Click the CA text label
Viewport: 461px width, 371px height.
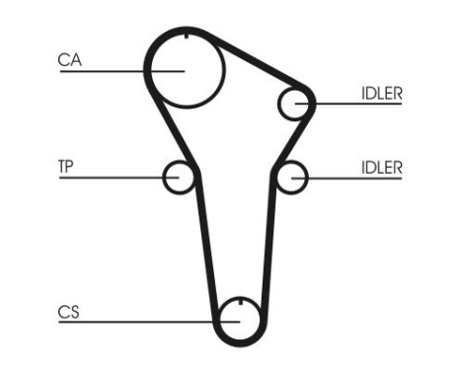point(69,59)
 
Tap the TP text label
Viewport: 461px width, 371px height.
point(66,166)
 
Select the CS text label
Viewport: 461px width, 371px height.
point(68,313)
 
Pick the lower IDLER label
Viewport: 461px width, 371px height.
point(381,166)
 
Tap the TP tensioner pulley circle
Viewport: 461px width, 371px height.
point(179,178)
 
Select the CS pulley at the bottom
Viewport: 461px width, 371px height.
point(238,319)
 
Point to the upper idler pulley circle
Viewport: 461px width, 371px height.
point(294,104)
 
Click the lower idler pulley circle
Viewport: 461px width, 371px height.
point(291,178)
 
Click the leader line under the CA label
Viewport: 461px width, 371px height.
point(99,70)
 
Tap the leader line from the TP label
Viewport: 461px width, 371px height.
point(109,178)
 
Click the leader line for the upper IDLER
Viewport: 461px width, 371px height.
point(355,104)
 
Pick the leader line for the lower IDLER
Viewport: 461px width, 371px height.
point(355,178)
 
